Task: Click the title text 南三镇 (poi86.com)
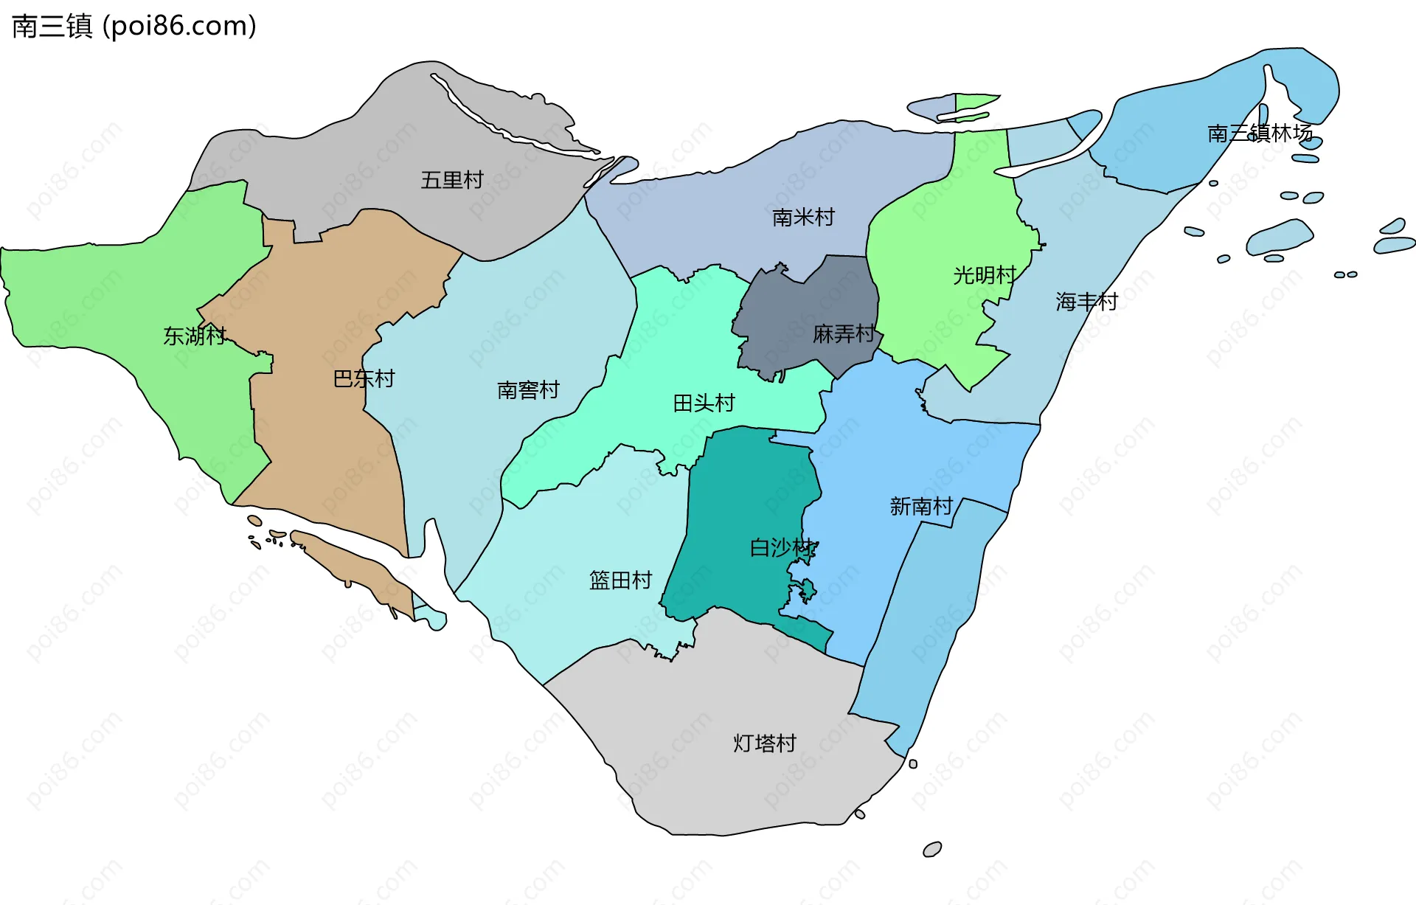(134, 26)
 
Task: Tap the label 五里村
(451, 179)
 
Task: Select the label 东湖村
(194, 336)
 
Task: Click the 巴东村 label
(364, 378)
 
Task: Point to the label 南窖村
(528, 389)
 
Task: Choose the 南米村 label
(802, 217)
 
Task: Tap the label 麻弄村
(843, 333)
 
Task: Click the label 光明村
(984, 275)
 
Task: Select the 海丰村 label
(1086, 301)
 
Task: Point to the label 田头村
(704, 403)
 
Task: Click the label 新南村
(920, 506)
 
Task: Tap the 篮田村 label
(620, 580)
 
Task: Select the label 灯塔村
(764, 743)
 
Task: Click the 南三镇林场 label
(1260, 133)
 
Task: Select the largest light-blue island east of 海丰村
(1280, 236)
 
